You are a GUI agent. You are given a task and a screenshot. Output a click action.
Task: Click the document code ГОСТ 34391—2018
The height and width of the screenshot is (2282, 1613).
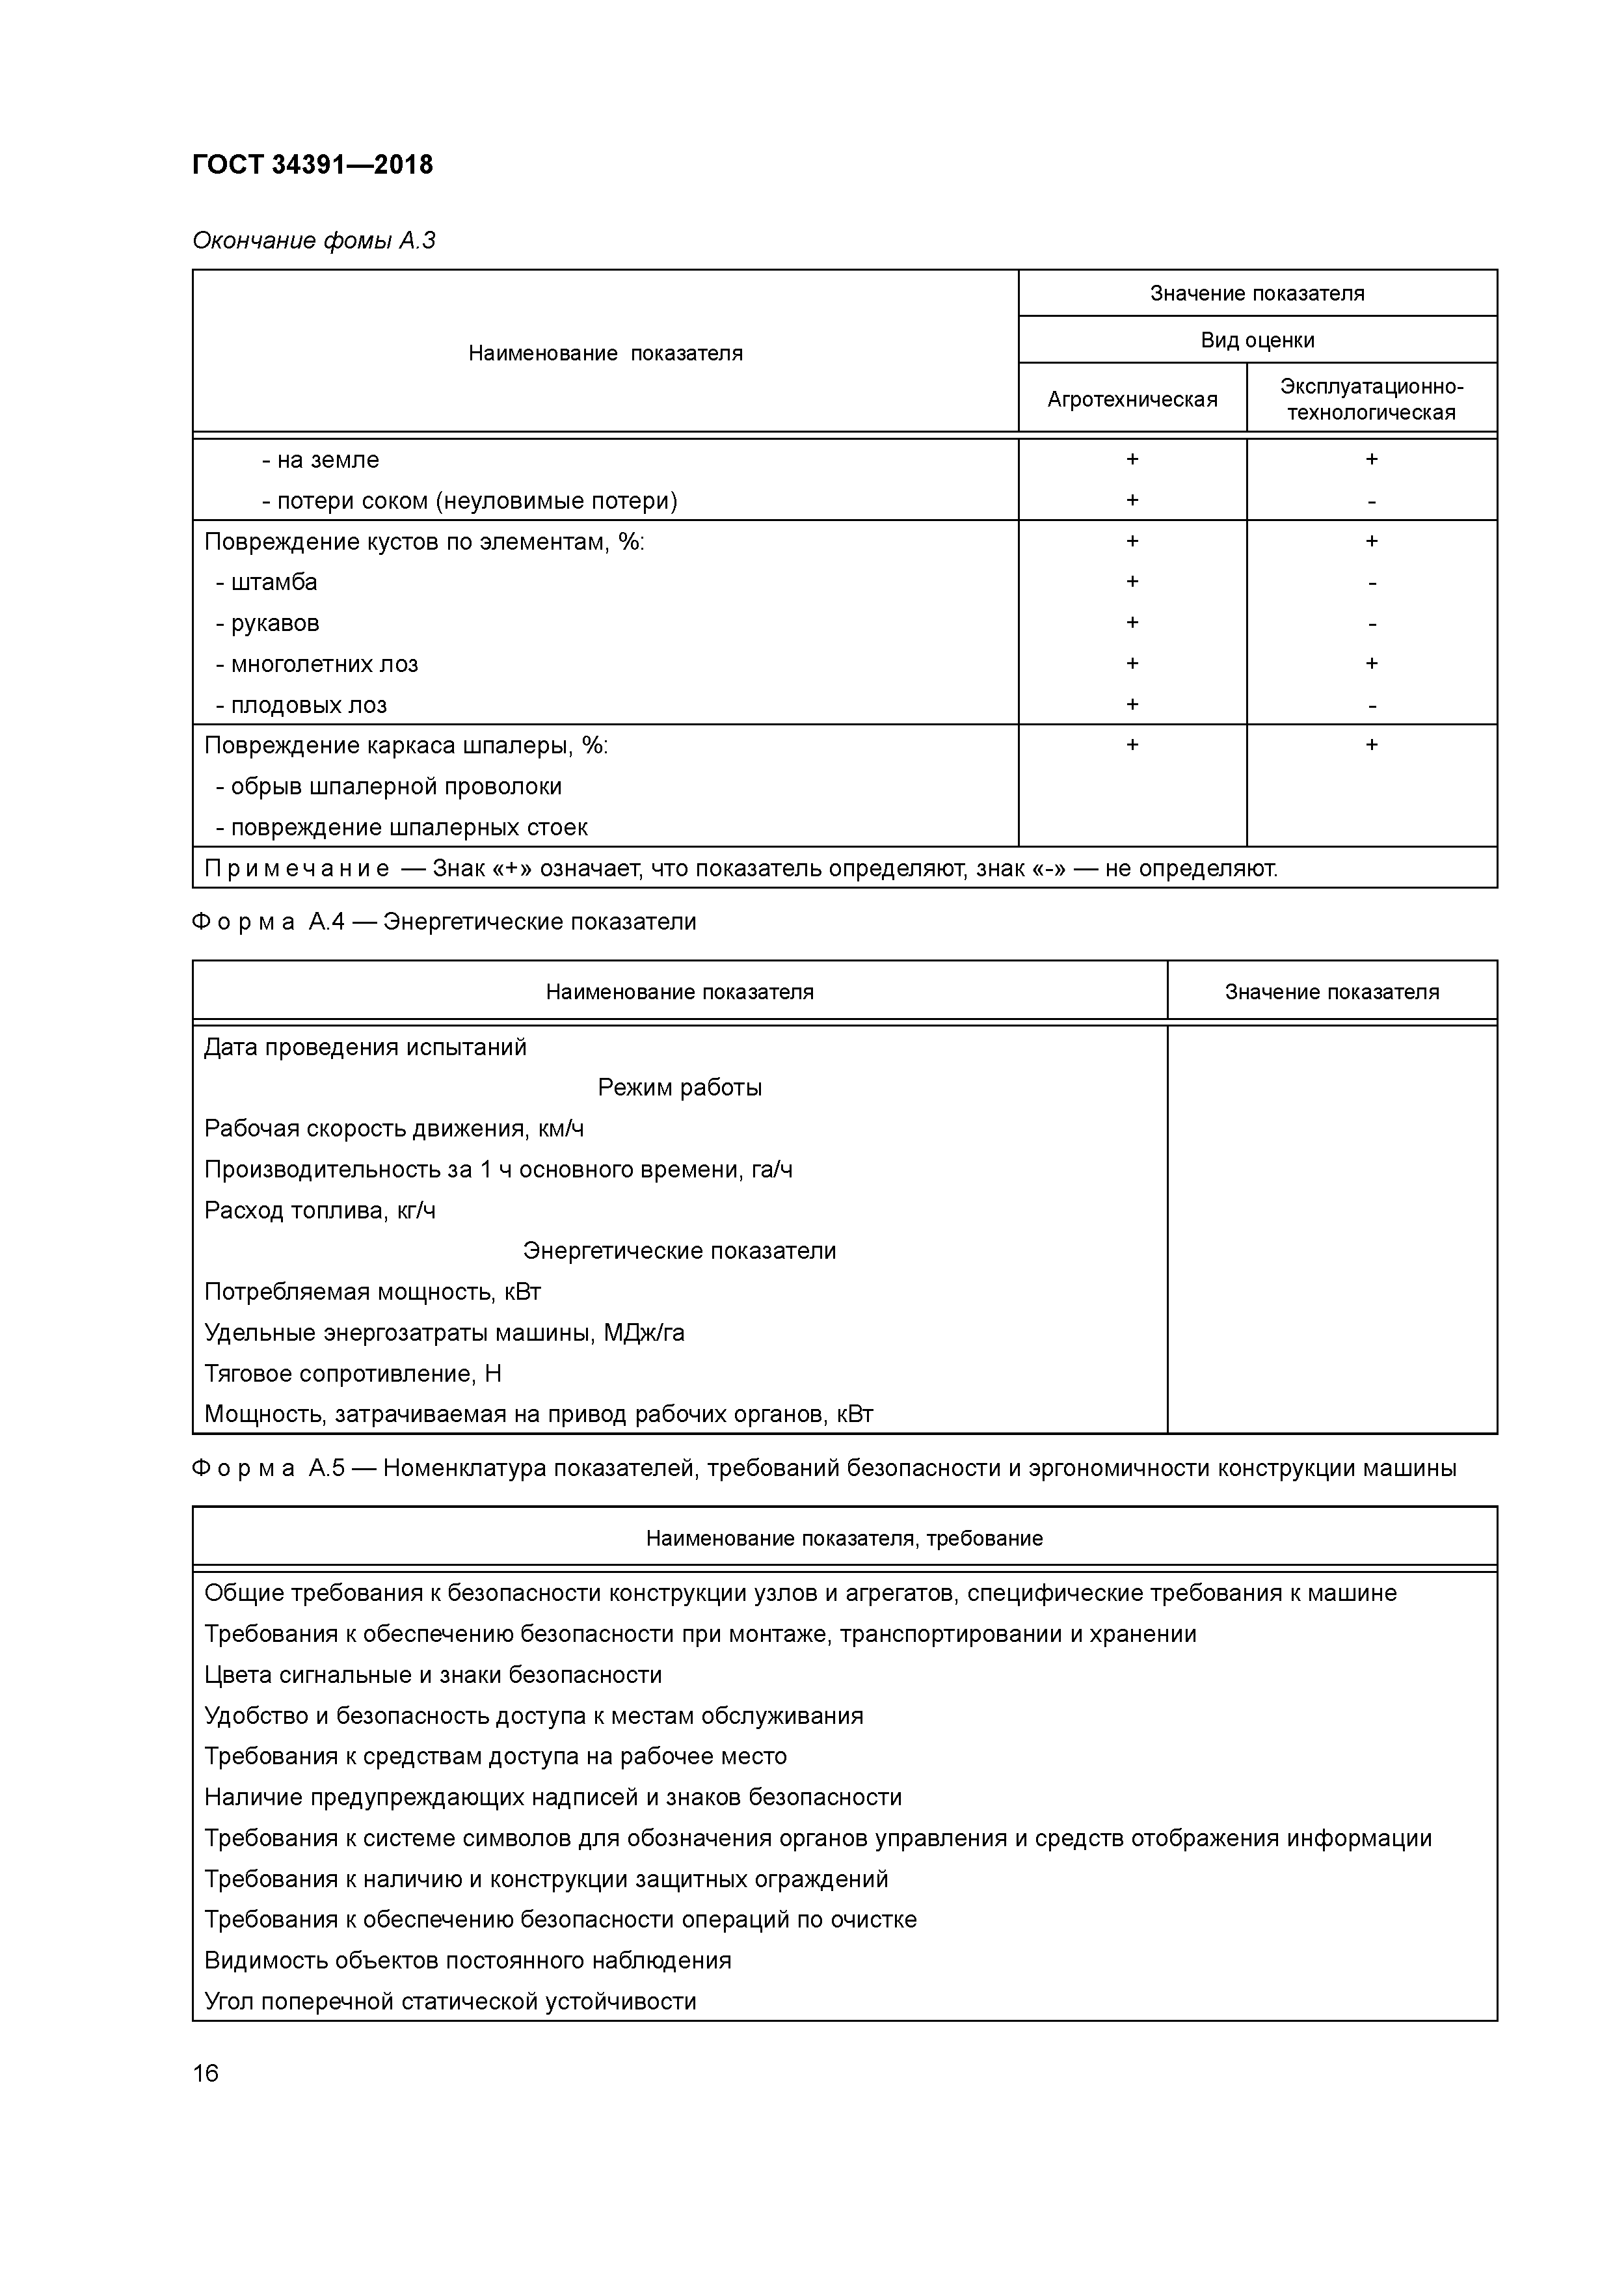[x=312, y=165]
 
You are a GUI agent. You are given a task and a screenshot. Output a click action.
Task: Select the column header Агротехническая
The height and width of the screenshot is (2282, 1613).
[x=1132, y=399]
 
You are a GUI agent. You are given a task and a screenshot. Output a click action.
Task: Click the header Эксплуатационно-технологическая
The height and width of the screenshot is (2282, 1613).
[x=1372, y=399]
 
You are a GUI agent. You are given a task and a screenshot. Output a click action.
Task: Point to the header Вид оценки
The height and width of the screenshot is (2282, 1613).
[x=1257, y=340]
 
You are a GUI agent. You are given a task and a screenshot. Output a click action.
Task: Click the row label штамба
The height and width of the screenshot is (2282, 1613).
[x=273, y=582]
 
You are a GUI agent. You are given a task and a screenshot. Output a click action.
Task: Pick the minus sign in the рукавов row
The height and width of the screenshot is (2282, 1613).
[x=1372, y=625]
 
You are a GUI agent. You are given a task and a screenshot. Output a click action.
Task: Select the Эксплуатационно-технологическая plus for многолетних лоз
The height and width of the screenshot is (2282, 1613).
[x=1372, y=663]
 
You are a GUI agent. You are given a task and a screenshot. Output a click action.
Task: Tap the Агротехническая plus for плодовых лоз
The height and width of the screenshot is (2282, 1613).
[x=1132, y=705]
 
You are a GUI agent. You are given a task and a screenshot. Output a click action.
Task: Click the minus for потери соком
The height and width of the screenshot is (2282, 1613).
[x=1372, y=503]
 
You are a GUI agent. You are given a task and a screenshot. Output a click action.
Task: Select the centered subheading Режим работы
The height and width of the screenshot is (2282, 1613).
[x=679, y=1087]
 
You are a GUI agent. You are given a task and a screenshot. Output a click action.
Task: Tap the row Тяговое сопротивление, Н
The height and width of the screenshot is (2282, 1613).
[x=353, y=1374]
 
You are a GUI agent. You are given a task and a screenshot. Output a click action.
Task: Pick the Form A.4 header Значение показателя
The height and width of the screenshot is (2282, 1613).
[x=1332, y=992]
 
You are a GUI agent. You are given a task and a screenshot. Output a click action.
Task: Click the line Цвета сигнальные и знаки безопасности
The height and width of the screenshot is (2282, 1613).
[x=433, y=1674]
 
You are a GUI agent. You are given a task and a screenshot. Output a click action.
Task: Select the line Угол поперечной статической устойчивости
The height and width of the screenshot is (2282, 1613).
[x=450, y=2001]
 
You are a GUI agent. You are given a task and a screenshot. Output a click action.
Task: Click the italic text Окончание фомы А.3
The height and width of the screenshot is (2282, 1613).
[x=314, y=241]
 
